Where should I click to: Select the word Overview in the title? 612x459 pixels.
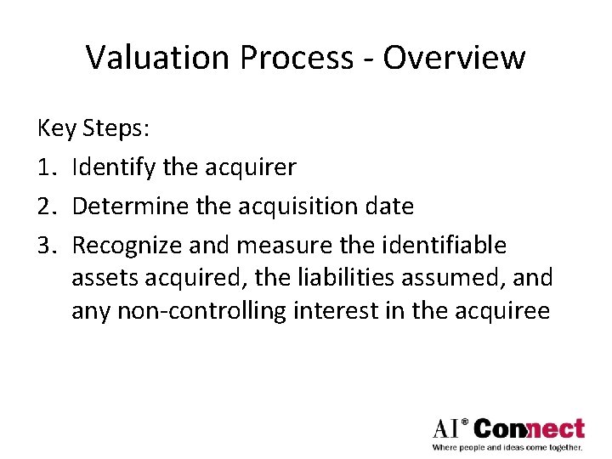click(x=454, y=58)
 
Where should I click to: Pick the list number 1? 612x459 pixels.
click(x=48, y=167)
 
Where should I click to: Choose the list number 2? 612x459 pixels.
click(x=48, y=206)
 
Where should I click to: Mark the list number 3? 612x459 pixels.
click(x=48, y=246)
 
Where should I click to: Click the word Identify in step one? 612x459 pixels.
click(x=114, y=167)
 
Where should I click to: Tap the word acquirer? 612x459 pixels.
click(x=251, y=167)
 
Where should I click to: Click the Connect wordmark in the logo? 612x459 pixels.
click(x=529, y=428)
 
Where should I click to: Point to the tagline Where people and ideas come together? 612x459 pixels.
click(x=507, y=447)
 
